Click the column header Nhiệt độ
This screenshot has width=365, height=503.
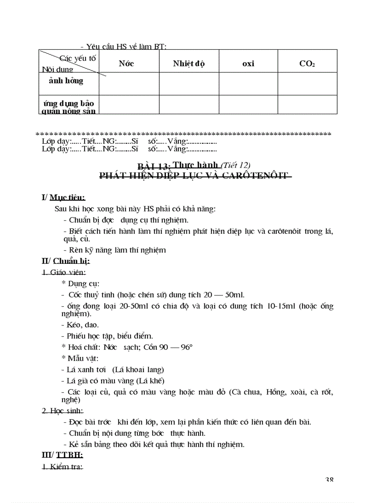(x=189, y=64)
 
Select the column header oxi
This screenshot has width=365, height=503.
(x=248, y=64)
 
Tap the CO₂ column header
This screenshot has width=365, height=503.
(x=307, y=64)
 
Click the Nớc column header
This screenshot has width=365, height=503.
(x=126, y=64)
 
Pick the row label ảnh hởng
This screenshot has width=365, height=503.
(x=66, y=81)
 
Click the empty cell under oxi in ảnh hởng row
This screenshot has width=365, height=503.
(x=248, y=83)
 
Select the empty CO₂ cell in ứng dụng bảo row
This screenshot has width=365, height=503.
(x=307, y=104)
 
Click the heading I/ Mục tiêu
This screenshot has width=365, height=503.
(x=63, y=197)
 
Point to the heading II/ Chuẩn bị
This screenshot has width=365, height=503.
(x=66, y=261)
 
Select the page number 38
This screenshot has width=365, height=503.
(x=329, y=480)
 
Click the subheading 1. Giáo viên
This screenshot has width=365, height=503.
(x=64, y=272)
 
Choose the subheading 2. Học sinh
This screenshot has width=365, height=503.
(x=63, y=411)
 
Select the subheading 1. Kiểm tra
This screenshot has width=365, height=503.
(x=62, y=467)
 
